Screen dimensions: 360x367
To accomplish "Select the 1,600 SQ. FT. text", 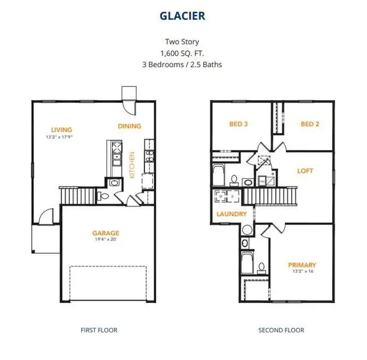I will tap(183, 53).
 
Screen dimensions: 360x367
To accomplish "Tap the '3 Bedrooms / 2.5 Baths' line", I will tap(183, 64).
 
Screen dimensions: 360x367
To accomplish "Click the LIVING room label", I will tap(61, 130).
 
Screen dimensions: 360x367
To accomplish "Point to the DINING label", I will tap(130, 126).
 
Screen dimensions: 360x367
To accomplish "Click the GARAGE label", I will tap(106, 233).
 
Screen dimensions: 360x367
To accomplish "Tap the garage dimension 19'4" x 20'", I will tap(106, 240).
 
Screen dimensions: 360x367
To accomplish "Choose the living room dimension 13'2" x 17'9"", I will tap(61, 137).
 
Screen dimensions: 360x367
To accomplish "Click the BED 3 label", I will tap(238, 124).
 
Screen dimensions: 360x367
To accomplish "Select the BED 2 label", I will tap(309, 124).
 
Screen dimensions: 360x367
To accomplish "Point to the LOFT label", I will tap(305, 171).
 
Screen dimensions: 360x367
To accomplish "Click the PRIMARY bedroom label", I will tap(302, 265).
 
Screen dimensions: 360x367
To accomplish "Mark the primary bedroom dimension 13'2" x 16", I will tap(302, 272).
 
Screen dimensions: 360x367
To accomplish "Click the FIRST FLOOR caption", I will tap(99, 330).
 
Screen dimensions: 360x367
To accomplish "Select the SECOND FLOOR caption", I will tap(281, 330).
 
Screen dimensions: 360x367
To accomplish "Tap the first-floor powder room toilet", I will tap(104, 196).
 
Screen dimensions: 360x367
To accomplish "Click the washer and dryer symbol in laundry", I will tap(225, 196).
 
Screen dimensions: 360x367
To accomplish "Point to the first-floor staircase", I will tap(79, 196).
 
